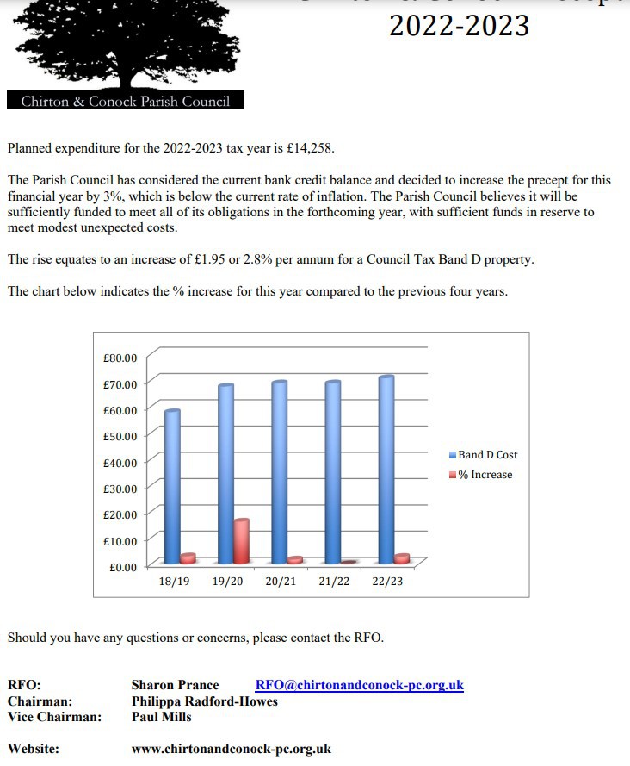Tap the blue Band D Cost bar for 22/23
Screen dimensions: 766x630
[x=386, y=470]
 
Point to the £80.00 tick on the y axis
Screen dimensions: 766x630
[x=120, y=358]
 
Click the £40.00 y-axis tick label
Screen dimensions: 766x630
[x=120, y=463]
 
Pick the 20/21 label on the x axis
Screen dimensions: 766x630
[x=281, y=582]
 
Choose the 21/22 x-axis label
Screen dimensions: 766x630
[x=334, y=582]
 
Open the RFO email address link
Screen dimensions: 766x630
[x=359, y=686]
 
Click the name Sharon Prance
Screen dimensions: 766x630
[x=175, y=686]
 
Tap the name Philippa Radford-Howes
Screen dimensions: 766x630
[x=204, y=701]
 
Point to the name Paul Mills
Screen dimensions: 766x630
[x=162, y=717]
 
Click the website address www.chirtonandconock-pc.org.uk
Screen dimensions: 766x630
[x=231, y=750]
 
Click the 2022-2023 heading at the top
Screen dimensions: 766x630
[x=459, y=26]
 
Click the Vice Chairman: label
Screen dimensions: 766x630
[x=54, y=717]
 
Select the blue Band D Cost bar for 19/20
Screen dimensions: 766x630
[x=225, y=474]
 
